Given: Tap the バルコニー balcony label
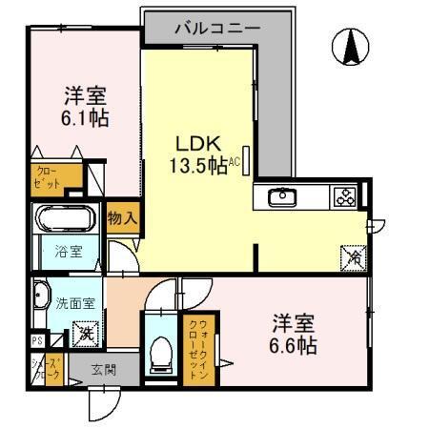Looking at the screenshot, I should coord(216,28).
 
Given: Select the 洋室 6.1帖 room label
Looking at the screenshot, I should coord(85,107).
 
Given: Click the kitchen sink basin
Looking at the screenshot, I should coord(282,197).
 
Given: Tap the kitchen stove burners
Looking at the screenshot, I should coord(342,197).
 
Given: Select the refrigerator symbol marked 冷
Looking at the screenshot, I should coord(352,255).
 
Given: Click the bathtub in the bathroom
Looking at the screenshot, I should coord(65,220).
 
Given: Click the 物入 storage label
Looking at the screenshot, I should coord(123,218).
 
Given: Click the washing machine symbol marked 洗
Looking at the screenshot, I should coord(85,334).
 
